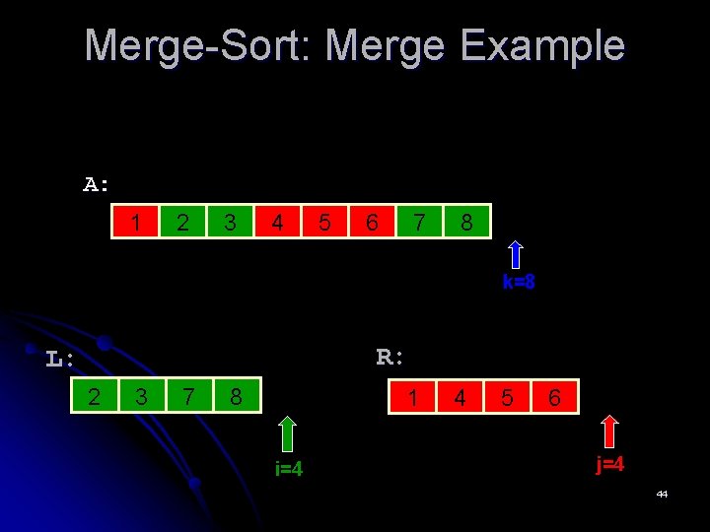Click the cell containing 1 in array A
(135, 223)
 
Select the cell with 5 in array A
(324, 223)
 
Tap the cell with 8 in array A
(466, 223)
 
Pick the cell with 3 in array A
(230, 223)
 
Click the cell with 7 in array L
(188, 397)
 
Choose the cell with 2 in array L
(94, 397)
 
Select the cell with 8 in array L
(236, 397)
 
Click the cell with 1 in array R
(412, 397)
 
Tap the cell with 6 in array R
(554, 397)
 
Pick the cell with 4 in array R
(460, 397)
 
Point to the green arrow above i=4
(287, 434)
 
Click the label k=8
(519, 283)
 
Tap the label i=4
(289, 469)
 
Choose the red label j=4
(609, 464)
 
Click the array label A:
(97, 184)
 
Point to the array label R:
(390, 357)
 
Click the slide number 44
(662, 494)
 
